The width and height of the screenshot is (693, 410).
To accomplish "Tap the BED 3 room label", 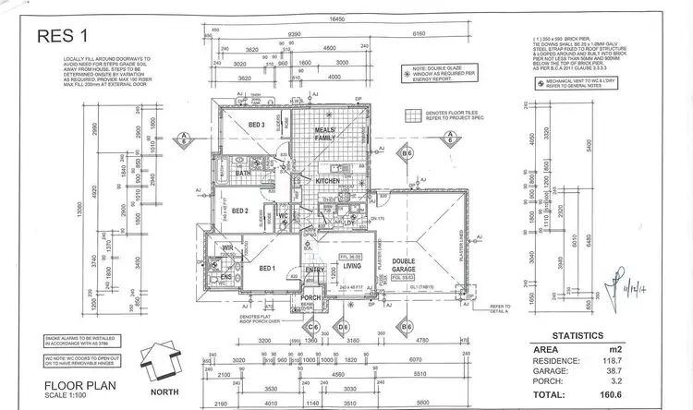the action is point(257,125).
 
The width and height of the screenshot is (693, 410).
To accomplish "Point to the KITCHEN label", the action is point(328,181).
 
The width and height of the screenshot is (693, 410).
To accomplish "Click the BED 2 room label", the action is point(241,211).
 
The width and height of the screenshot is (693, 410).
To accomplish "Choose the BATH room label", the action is point(244,173).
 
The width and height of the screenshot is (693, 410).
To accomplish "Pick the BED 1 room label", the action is point(268,268).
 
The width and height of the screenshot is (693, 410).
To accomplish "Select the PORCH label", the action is point(311,297).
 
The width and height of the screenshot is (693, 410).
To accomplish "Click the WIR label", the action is point(227,247).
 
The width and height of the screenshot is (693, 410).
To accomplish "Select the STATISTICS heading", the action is point(578,335).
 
